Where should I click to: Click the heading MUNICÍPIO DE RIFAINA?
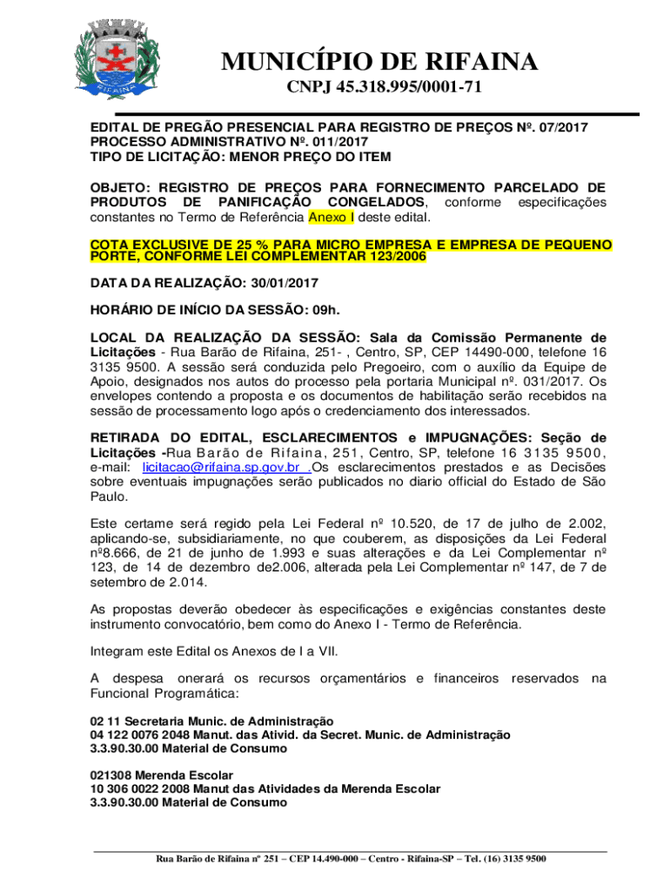point(379,62)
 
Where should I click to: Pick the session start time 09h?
point(325,309)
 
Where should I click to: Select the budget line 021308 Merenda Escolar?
point(162,774)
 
